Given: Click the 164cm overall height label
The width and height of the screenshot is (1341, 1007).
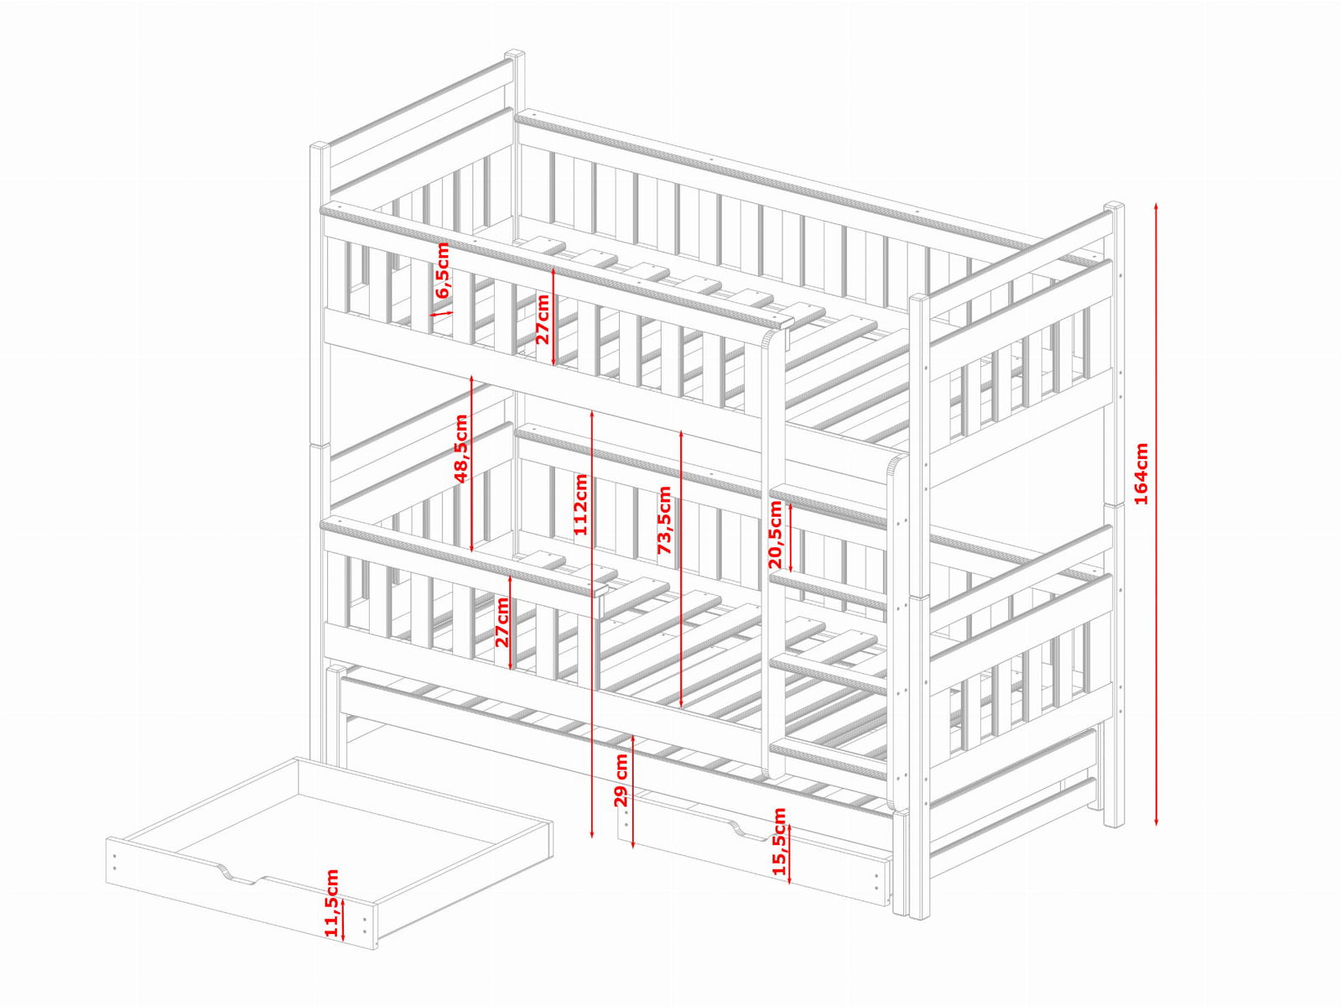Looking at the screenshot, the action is click(x=1141, y=473).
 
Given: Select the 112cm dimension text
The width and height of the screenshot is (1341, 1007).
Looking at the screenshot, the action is click(x=580, y=504).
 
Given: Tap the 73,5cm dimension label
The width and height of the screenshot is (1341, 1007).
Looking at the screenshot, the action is click(x=664, y=520).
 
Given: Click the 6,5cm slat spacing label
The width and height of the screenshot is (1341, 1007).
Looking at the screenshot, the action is click(x=442, y=269).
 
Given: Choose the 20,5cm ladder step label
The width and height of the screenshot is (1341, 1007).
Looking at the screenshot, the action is click(x=775, y=535).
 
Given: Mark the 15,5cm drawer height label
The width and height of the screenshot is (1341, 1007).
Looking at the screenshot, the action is click(x=779, y=842).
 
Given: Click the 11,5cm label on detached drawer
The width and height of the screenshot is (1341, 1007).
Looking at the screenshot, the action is click(x=331, y=902).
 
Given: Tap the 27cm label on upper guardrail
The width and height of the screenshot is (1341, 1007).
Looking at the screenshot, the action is click(x=542, y=319).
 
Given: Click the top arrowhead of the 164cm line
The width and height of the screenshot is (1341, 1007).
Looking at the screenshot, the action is click(x=1156, y=207).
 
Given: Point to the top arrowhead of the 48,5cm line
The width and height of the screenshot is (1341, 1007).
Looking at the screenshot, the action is click(x=472, y=379).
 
